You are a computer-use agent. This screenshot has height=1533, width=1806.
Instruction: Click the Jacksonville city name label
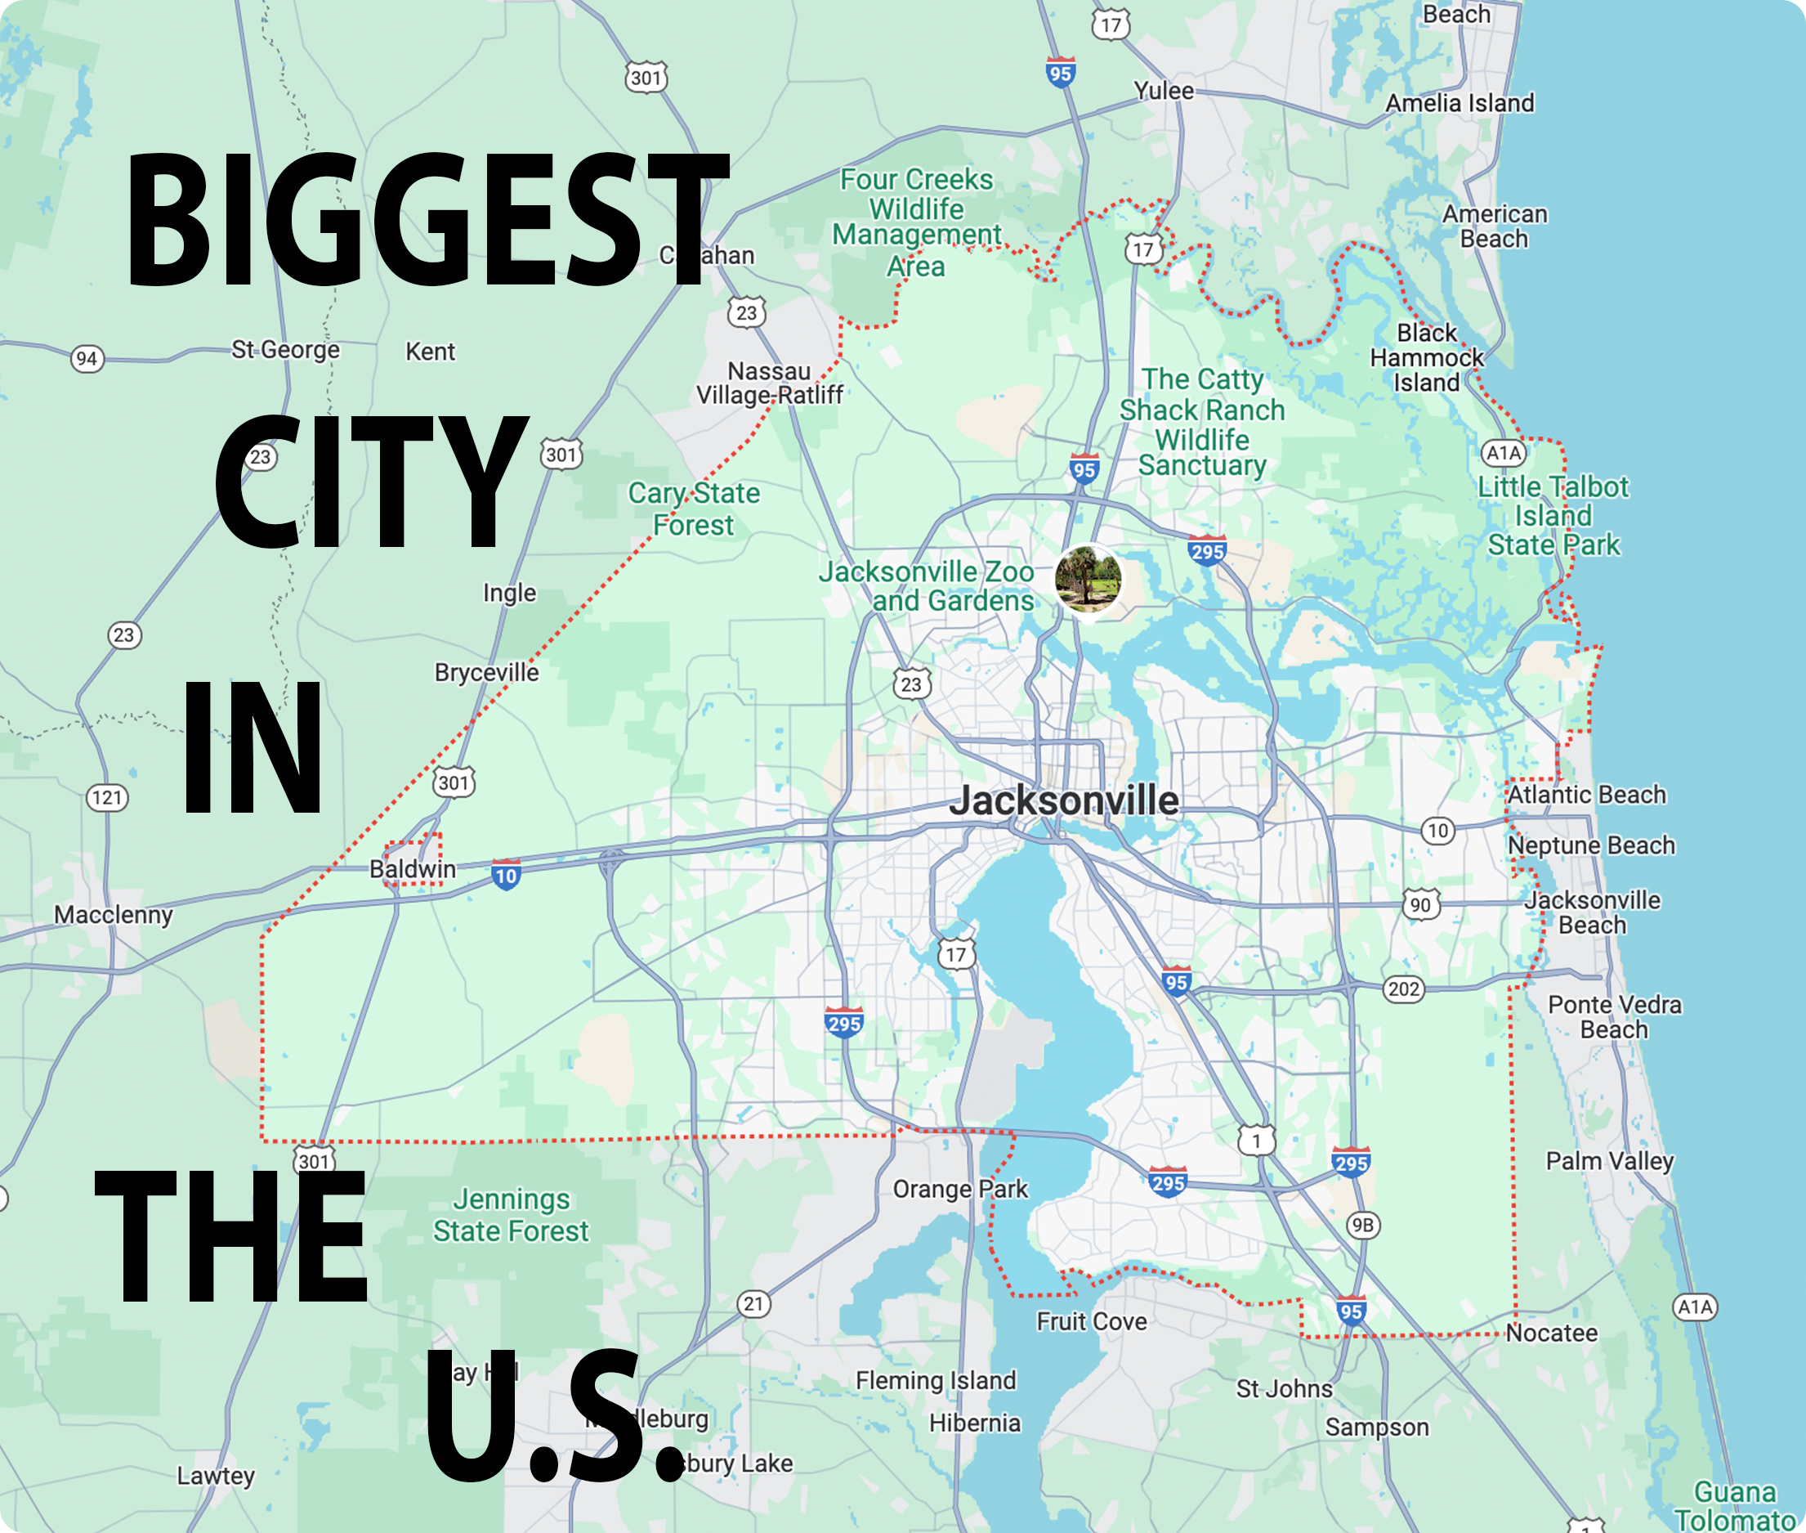pos(1063,800)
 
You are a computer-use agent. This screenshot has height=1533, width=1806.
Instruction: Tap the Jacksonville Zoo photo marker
pos(1088,579)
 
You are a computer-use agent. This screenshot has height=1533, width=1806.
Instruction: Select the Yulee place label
pos(1163,91)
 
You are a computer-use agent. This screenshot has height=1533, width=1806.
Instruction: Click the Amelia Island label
pos(1460,103)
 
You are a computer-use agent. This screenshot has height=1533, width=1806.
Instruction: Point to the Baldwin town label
pos(413,868)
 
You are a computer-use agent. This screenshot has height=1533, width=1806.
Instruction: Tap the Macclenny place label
pos(113,914)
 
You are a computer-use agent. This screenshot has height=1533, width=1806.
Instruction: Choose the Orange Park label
pos(960,1188)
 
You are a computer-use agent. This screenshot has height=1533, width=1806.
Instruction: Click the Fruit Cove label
pos(1091,1321)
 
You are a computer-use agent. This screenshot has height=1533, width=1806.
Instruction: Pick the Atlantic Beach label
pos(1586,795)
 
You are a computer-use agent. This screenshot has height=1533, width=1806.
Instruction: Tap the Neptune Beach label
pos(1590,845)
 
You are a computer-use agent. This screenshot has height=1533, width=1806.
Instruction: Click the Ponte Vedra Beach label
pos(1614,1017)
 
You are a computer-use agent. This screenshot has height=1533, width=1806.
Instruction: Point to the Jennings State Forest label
pos(511,1215)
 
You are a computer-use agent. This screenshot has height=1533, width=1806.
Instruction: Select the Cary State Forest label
pos(693,509)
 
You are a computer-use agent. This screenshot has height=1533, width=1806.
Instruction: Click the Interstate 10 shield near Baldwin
pos(506,875)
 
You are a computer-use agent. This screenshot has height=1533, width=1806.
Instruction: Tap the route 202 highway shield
pos(1404,989)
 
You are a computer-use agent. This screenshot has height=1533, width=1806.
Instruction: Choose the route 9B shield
pos(1363,1226)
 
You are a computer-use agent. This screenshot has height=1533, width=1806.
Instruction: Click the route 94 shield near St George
pos(87,358)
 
